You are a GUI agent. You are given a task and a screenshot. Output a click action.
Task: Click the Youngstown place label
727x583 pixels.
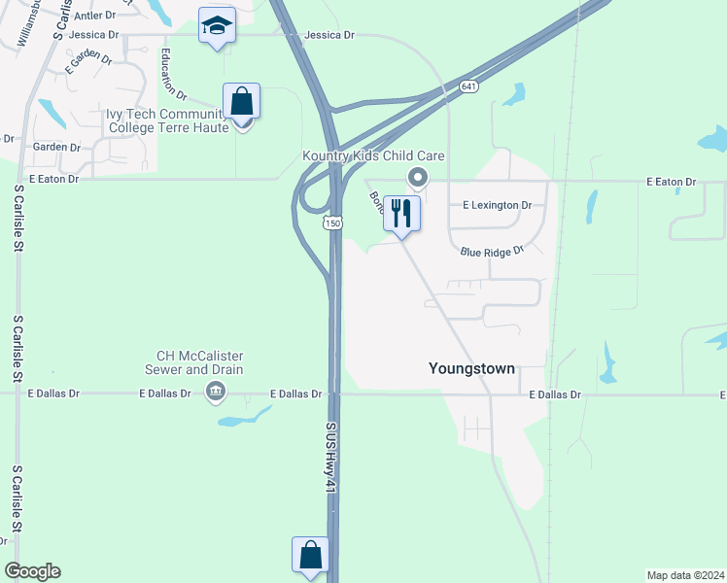[471, 369]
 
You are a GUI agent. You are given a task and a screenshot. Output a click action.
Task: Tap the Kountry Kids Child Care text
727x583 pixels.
[373, 156]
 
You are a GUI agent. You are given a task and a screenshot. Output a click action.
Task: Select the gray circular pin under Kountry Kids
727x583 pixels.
[418, 177]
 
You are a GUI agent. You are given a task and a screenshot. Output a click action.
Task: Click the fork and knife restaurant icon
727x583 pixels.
[401, 212]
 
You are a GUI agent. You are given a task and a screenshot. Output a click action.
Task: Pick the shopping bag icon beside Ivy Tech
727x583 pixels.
[241, 100]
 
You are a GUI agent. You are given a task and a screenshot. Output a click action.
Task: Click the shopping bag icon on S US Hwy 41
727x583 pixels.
[310, 555]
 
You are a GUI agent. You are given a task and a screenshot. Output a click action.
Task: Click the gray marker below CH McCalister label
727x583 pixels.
[215, 393]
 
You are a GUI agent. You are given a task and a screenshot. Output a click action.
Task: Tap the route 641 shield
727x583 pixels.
[469, 87]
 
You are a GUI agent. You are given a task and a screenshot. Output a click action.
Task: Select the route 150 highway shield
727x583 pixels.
[332, 223]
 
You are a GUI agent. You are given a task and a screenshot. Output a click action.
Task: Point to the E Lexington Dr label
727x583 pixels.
[497, 206]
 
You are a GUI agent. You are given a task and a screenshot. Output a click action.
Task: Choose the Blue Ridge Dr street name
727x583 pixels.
[492, 251]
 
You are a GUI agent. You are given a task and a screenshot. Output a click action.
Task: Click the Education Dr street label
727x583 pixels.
[175, 74]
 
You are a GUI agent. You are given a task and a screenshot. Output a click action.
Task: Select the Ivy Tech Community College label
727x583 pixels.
[167, 120]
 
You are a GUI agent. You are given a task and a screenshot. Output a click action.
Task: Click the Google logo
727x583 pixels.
[32, 571]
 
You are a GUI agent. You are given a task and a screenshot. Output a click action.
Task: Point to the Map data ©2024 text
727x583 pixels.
[686, 575]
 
